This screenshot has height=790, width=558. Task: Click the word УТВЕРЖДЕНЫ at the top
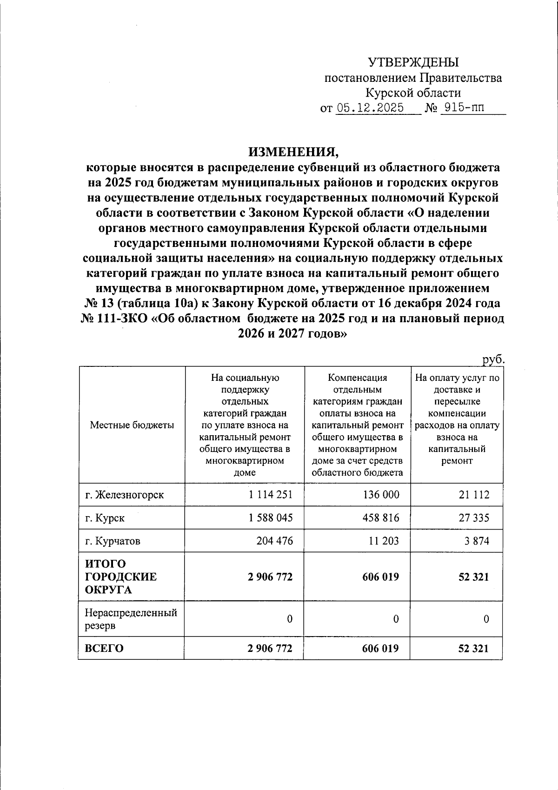[413, 62]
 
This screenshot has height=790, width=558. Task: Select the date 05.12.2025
[370, 108]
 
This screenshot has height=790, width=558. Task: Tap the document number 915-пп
[464, 108]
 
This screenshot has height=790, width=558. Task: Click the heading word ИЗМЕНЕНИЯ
[291, 152]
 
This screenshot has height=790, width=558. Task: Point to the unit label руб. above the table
[493, 359]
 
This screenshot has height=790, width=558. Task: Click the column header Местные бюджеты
[132, 425]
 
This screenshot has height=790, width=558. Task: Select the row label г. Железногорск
[124, 494]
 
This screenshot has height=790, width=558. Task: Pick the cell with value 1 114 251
[271, 494]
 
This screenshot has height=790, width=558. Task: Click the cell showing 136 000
[381, 494]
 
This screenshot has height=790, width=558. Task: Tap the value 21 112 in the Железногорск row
[474, 494]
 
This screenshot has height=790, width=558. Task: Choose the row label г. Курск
[105, 518]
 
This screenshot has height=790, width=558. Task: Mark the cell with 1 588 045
[271, 518]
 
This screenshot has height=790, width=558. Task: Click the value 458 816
[381, 518]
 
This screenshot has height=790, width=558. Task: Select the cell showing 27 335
[474, 518]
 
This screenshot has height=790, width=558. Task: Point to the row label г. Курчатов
[113, 541]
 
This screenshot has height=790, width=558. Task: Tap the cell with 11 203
[384, 541]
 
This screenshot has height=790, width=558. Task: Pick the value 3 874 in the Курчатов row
[477, 541]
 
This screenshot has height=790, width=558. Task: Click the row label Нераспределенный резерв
[131, 619]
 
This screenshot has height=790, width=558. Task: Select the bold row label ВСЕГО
[104, 648]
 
